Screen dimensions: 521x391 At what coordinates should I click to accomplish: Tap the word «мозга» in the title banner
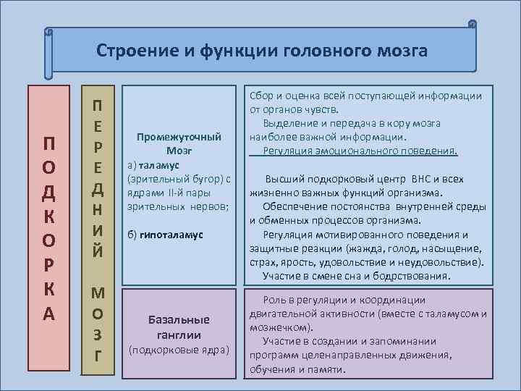[x=398, y=51]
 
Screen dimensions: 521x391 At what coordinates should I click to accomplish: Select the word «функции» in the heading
[x=216, y=51]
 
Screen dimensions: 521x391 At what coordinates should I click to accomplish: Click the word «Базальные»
[x=178, y=319]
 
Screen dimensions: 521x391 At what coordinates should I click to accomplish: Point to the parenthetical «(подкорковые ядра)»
[x=178, y=350]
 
